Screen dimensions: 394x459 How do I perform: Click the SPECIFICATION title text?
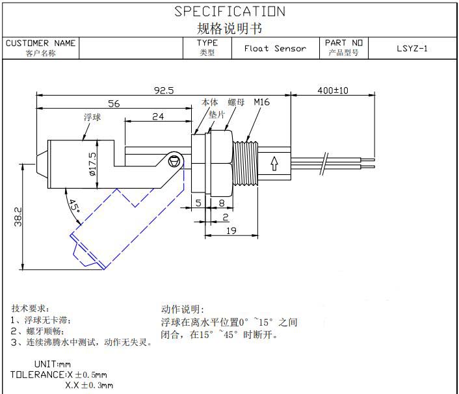(x=229, y=12)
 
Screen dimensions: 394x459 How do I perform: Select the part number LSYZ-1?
(x=412, y=48)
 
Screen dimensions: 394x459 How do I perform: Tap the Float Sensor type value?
(x=275, y=48)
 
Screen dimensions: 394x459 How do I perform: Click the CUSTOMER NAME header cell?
(x=41, y=44)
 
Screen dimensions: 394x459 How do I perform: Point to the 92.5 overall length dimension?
(x=163, y=91)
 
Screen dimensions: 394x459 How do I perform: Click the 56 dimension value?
(x=114, y=103)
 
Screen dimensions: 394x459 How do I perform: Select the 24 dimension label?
(x=157, y=117)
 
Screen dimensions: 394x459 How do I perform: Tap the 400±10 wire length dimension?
(x=333, y=90)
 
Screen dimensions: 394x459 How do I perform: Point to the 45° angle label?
(x=75, y=206)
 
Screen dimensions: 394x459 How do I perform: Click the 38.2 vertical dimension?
(x=18, y=218)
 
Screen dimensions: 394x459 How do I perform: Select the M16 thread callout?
(x=262, y=103)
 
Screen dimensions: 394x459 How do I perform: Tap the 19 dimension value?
(x=231, y=230)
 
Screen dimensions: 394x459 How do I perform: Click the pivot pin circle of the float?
(x=174, y=160)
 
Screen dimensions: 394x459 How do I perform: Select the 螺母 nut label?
(x=236, y=103)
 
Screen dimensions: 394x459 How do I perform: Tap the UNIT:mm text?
(x=52, y=364)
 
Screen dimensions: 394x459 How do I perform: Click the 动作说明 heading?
(x=183, y=309)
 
